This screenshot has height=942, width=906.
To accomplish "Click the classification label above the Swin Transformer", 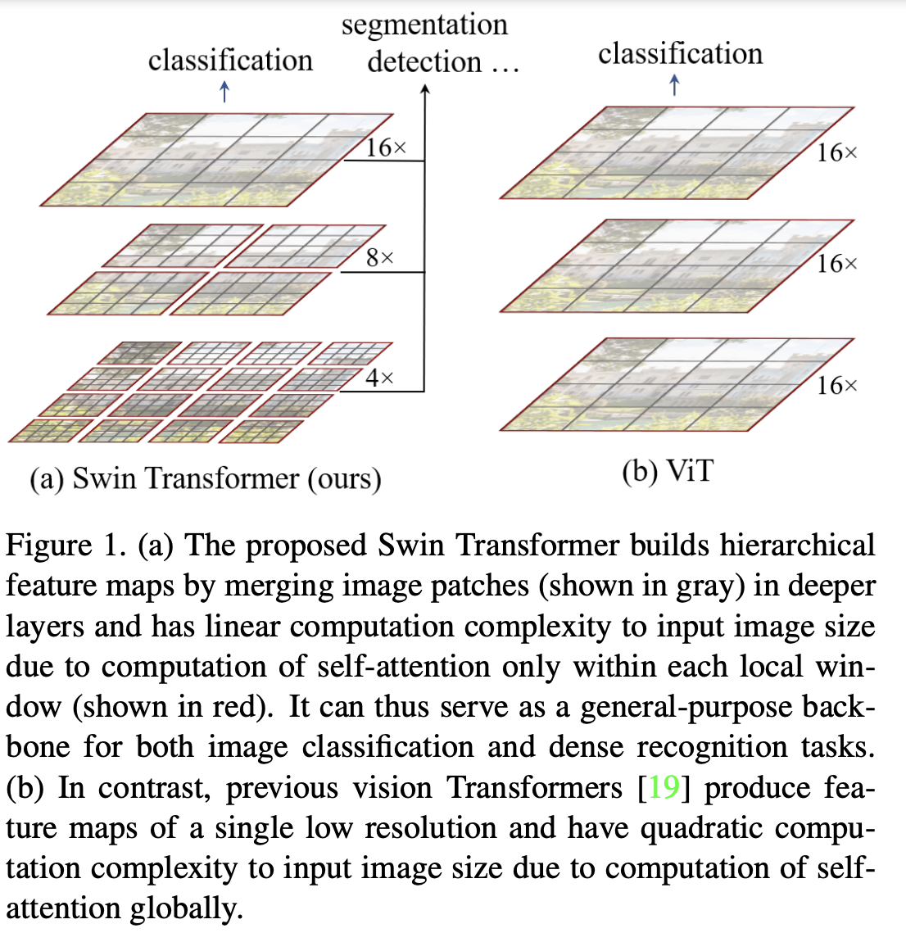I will point(230,61).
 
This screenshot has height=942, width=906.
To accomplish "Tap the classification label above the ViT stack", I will point(680,54).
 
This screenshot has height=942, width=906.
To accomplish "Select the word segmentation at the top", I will point(424,25).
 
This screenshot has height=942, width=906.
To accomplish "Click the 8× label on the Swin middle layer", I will point(380,258).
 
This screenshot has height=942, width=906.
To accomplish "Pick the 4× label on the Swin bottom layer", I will point(379,378).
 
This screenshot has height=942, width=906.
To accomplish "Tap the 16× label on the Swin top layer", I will point(386,148).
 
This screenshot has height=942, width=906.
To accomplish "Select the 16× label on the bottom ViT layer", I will point(836,386).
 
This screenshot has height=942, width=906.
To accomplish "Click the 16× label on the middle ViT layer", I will point(836,264).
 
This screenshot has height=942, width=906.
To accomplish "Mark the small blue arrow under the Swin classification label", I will point(225,92).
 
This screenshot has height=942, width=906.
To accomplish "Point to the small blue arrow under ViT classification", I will point(674,84).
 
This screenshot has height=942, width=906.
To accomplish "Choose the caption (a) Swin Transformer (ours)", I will point(206,478).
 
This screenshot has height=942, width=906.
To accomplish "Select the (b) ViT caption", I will point(668,472).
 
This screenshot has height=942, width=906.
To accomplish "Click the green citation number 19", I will point(664,788).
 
